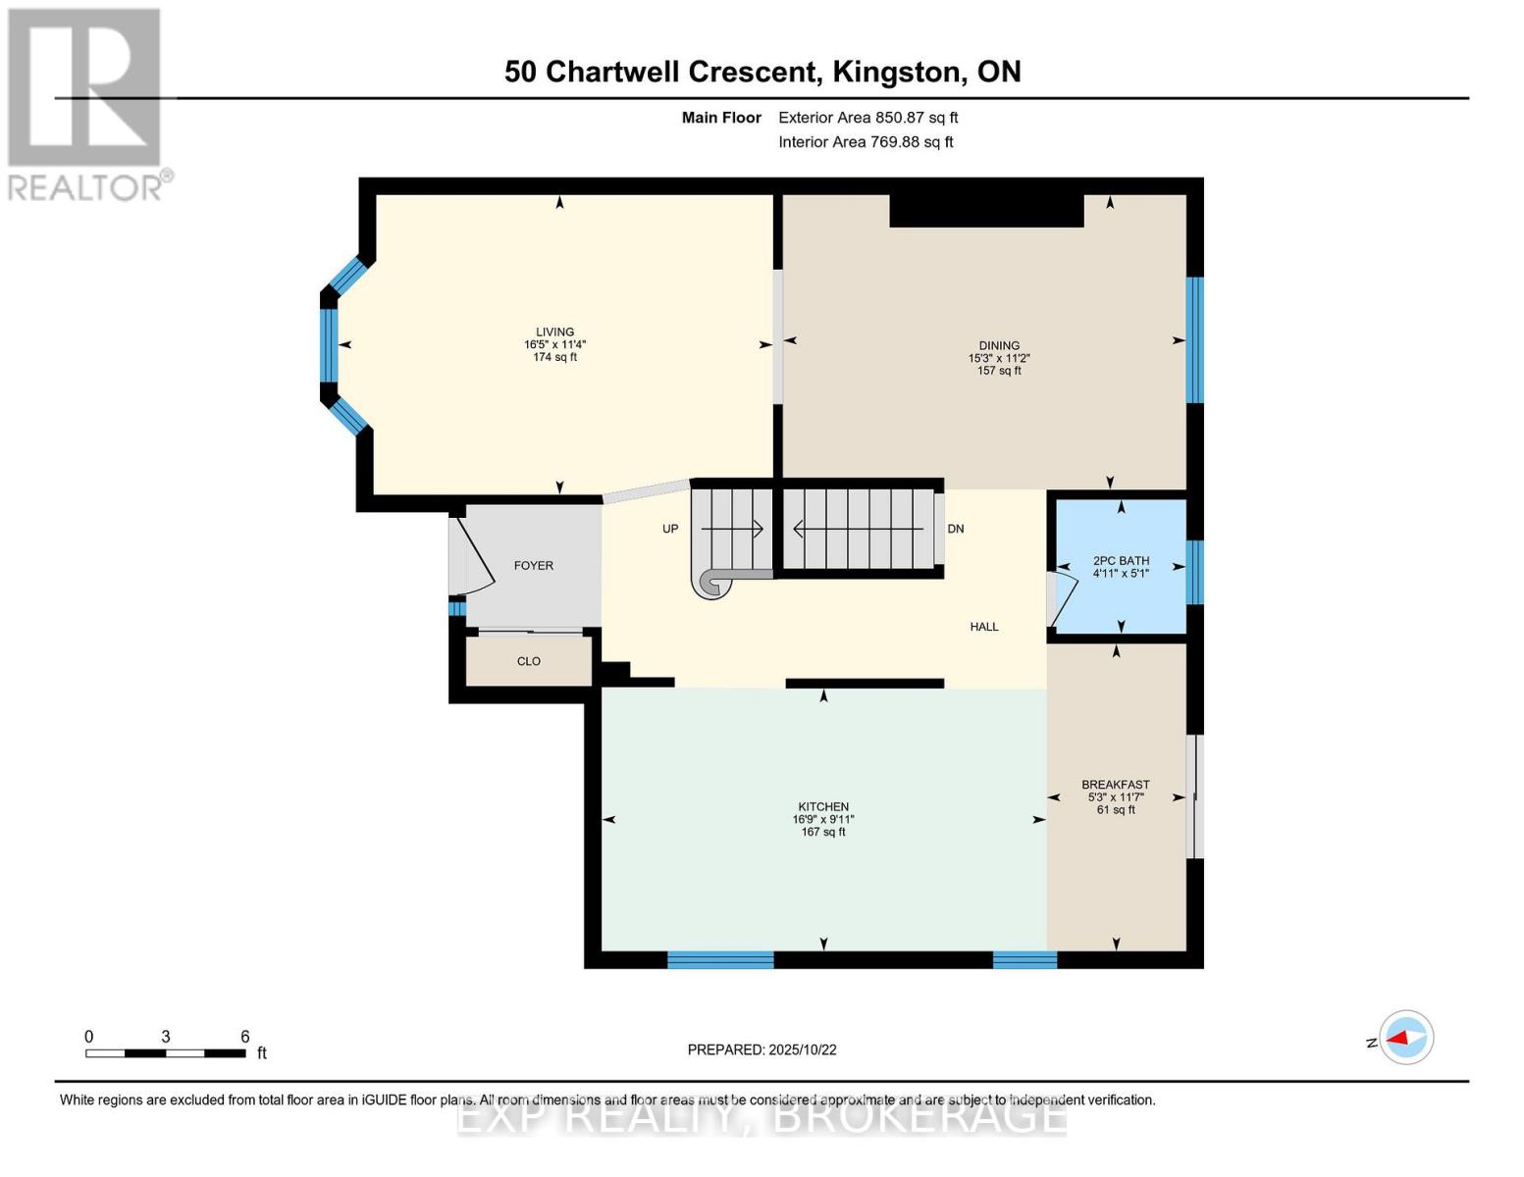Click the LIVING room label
[554, 332]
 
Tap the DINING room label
[999, 345]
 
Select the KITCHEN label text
[822, 807]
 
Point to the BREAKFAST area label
[1115, 785]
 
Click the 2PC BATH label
[1121, 561]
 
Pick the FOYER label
[533, 566]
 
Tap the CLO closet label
[529, 661]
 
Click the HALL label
[984, 627]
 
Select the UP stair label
[670, 529]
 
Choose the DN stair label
[955, 529]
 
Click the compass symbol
[1406, 1038]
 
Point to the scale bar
[166, 1052]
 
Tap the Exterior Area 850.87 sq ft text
[867, 118]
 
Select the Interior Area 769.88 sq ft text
[866, 142]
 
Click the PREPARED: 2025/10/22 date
[762, 1050]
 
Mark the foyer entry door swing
[473, 555]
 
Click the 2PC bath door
[1062, 599]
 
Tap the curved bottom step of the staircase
[712, 584]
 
